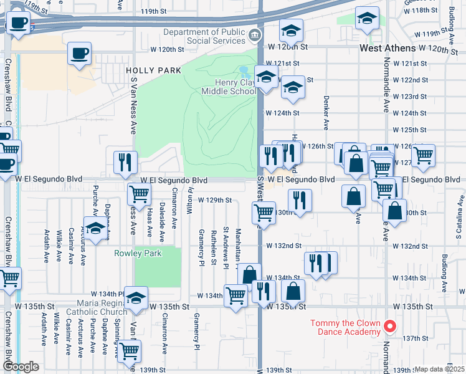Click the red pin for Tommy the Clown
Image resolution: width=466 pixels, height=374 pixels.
(390, 325)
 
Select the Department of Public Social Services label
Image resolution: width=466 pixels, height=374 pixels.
(204, 36)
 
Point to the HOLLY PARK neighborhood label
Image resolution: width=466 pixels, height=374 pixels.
(153, 70)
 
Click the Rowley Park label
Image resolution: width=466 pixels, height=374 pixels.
(138, 253)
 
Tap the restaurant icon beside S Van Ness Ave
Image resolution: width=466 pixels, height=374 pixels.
(125, 162)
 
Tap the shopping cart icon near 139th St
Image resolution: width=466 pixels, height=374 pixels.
(128, 351)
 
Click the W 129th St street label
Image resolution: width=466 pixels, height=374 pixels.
(215, 200)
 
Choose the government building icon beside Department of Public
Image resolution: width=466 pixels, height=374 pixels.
(254, 33)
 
